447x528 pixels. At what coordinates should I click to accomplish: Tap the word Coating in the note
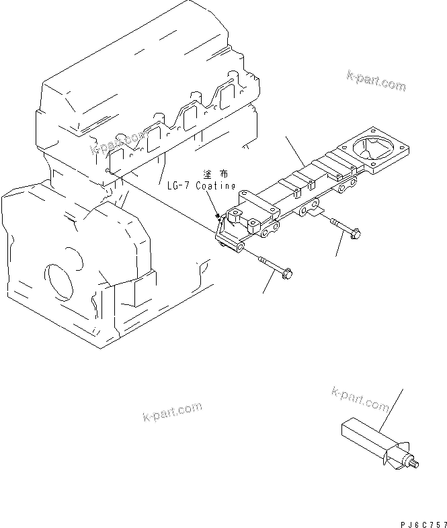click(216, 185)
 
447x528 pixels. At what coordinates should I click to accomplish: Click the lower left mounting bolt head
click(287, 273)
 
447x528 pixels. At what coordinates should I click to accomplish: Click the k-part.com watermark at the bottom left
click(172, 412)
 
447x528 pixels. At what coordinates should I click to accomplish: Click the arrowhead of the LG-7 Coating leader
click(217, 217)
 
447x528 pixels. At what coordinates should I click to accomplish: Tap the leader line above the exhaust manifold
click(296, 151)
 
